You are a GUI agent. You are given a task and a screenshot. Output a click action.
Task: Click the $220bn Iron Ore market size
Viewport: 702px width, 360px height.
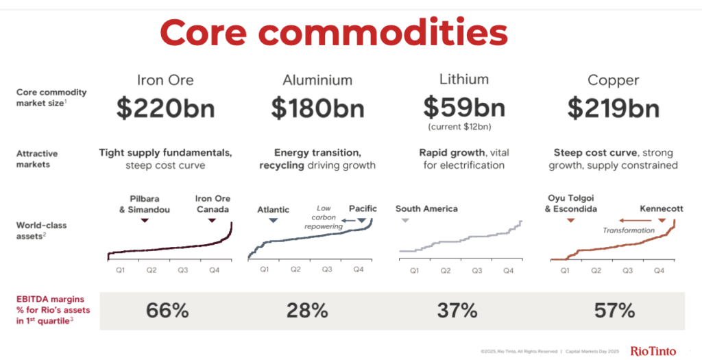165,108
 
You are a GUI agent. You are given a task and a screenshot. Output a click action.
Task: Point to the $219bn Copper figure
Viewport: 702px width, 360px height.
614,108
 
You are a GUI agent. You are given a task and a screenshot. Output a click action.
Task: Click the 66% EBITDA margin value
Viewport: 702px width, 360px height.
167,311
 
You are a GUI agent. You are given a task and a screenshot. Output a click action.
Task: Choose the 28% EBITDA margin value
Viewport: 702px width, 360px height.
308,311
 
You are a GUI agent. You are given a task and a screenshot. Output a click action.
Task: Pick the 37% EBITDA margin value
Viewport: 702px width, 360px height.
457,311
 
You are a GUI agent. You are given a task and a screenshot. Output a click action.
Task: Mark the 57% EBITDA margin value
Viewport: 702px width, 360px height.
614,311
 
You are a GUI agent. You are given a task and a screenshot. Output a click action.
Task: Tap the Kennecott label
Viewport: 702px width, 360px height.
662,208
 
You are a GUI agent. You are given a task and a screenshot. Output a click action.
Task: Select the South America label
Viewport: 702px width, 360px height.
426,208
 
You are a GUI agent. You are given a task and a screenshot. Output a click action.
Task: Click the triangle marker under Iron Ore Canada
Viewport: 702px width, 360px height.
212,220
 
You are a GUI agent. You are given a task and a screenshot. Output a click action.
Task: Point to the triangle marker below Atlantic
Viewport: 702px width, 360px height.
273,220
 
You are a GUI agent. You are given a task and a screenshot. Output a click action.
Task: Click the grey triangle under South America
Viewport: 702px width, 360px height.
405,220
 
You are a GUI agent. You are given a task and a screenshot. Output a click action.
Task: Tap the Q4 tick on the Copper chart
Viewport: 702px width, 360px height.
659,271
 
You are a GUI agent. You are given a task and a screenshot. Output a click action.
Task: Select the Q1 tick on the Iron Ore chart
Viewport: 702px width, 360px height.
120,270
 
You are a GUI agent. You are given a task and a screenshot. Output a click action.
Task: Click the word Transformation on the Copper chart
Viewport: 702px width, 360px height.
629,230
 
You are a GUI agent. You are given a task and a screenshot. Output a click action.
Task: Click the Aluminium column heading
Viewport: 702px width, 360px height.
317,80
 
